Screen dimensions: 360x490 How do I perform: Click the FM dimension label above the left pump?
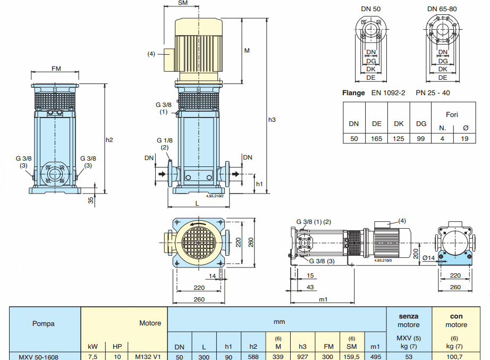(x=56, y=69)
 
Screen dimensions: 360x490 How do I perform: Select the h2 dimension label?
(x=109, y=140)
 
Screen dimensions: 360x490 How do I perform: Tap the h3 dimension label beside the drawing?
(x=272, y=120)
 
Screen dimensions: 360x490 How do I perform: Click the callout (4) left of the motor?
(x=151, y=54)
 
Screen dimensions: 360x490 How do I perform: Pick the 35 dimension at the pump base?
(x=90, y=200)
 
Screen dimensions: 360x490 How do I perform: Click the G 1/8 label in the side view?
(x=164, y=140)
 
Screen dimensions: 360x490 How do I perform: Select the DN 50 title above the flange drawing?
(x=371, y=9)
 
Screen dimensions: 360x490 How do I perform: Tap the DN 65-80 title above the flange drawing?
(x=443, y=9)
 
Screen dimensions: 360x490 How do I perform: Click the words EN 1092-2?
(x=388, y=93)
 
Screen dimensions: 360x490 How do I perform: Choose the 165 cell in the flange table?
(x=377, y=138)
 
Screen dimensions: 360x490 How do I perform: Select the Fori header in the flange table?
(x=452, y=114)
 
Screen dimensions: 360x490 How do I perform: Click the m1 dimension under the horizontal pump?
(x=323, y=300)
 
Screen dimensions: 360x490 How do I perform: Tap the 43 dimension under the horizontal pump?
(x=310, y=287)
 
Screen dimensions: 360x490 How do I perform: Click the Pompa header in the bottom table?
(x=44, y=323)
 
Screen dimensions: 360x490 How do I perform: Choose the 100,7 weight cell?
(x=456, y=357)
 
